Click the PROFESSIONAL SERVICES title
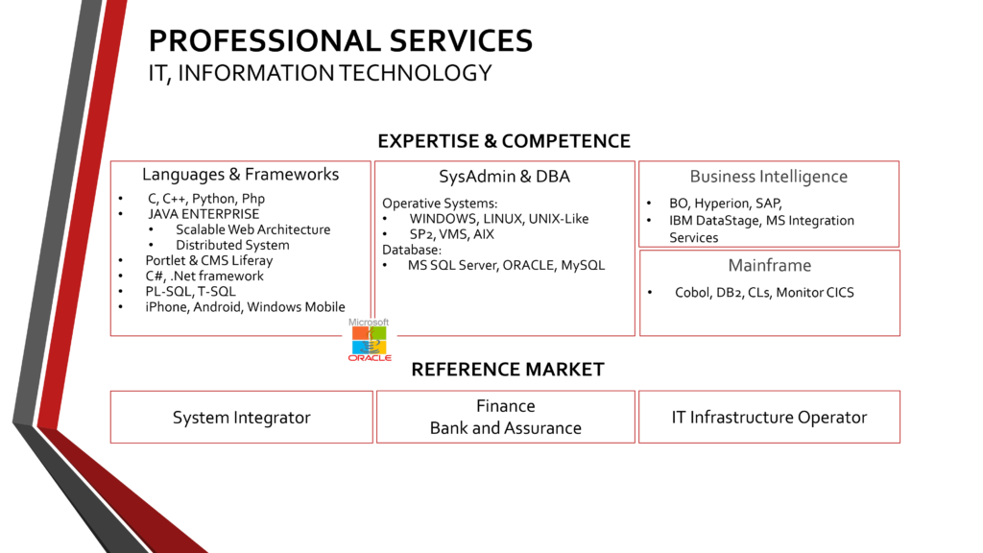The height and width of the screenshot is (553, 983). [x=340, y=40]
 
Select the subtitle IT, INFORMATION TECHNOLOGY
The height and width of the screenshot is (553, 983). [x=320, y=73]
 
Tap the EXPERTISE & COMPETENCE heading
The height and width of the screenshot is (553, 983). [x=504, y=141]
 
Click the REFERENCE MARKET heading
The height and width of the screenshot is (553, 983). [x=508, y=370]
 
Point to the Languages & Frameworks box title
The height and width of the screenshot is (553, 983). [x=240, y=175]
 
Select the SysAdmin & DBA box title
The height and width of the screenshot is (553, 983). [x=505, y=177]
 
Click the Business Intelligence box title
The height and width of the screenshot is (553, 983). [x=768, y=177]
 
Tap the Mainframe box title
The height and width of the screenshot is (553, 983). [x=769, y=265]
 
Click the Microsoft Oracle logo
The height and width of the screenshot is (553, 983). [x=369, y=340]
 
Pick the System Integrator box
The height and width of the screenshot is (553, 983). [x=241, y=418]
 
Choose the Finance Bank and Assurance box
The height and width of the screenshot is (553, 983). [x=506, y=418]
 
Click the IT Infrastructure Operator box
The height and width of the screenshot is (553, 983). [x=769, y=418]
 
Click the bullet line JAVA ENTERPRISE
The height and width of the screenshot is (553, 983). [x=203, y=214]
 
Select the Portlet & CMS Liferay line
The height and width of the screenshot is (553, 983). [x=209, y=260]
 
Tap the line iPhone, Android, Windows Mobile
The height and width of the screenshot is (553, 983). [x=245, y=306]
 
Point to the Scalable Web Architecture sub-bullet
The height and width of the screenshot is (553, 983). [x=252, y=229]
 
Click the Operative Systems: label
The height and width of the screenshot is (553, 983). [x=440, y=204]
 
